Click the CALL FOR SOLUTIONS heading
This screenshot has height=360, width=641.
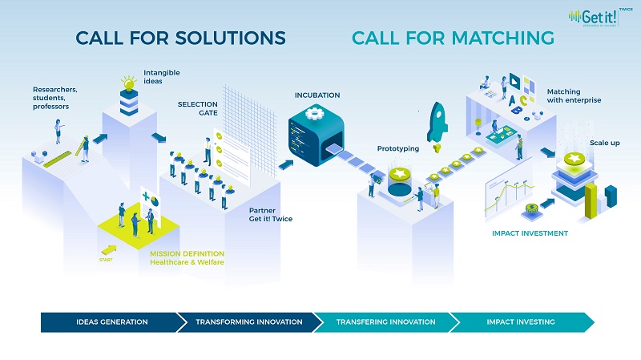[180, 38]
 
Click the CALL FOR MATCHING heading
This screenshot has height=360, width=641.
[453, 38]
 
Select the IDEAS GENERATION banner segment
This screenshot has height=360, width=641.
[112, 322]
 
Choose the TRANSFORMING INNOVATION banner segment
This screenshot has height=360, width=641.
[249, 322]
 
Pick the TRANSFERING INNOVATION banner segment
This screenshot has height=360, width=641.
[386, 322]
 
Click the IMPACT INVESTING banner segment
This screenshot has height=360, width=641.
[521, 322]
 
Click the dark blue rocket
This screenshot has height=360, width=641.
[437, 120]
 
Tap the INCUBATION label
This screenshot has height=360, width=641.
[317, 95]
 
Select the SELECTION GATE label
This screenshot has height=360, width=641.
[198, 109]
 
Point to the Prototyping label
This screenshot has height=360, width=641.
[396, 148]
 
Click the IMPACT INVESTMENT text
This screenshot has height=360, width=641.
[530, 233]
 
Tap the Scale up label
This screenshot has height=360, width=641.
[603, 142]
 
